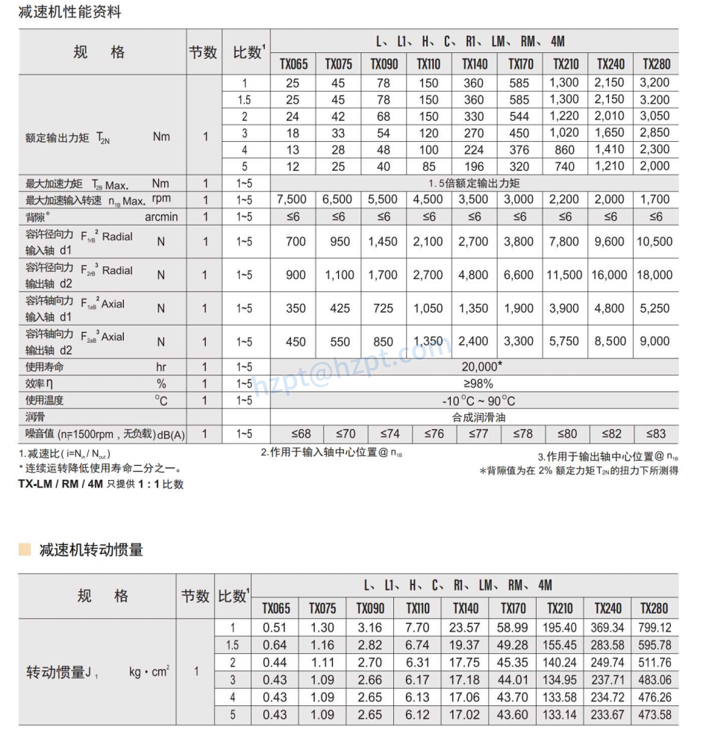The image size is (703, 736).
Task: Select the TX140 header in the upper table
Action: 474,64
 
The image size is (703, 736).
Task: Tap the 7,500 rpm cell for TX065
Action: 293,199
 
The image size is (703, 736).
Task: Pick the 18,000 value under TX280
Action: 654,275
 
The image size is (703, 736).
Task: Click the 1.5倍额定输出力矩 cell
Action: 474,184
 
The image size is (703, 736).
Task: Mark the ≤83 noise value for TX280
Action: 655,434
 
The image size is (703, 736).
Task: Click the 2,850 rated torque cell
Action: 655,133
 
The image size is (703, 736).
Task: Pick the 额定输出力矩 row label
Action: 57,138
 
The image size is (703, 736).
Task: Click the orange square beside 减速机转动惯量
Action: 25,550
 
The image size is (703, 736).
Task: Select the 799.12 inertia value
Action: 654,629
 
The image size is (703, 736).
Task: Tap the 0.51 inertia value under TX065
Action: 275,629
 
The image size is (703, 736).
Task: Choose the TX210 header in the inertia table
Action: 560,608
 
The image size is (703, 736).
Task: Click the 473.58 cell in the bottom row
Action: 654,715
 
